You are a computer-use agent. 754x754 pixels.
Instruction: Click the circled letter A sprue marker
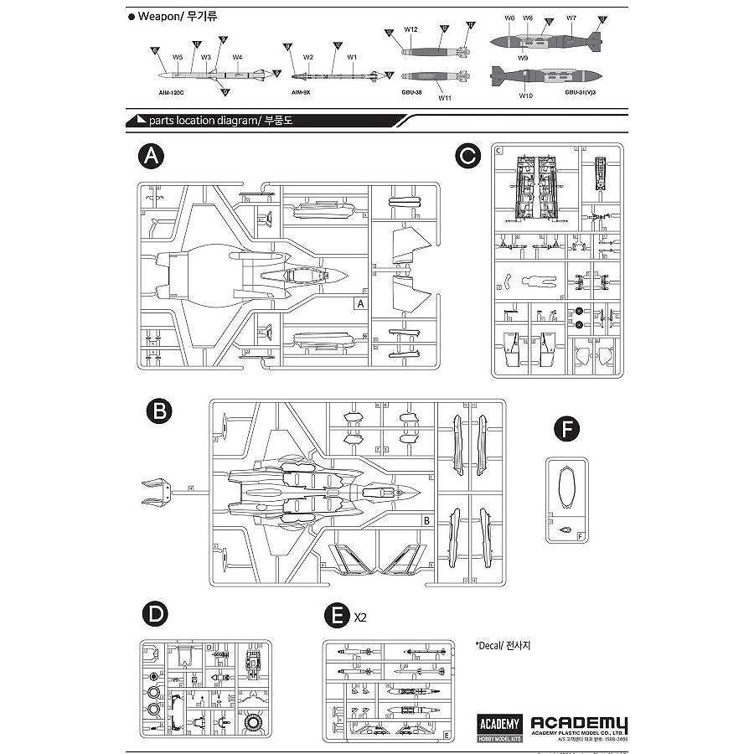point(152,156)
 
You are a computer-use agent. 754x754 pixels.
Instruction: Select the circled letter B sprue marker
point(158,411)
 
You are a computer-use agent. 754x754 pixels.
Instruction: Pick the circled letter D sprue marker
point(152,615)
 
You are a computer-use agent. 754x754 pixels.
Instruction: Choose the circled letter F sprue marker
point(569,431)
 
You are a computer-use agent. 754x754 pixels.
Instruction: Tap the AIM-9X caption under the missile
point(302,97)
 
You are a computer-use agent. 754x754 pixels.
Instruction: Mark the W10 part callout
point(525,96)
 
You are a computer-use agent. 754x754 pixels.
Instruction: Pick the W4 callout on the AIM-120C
point(238,57)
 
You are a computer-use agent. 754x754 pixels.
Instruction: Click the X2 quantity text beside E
point(361,618)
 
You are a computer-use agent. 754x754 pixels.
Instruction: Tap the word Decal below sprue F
point(492,645)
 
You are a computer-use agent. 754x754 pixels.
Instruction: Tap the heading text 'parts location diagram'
point(202,121)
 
